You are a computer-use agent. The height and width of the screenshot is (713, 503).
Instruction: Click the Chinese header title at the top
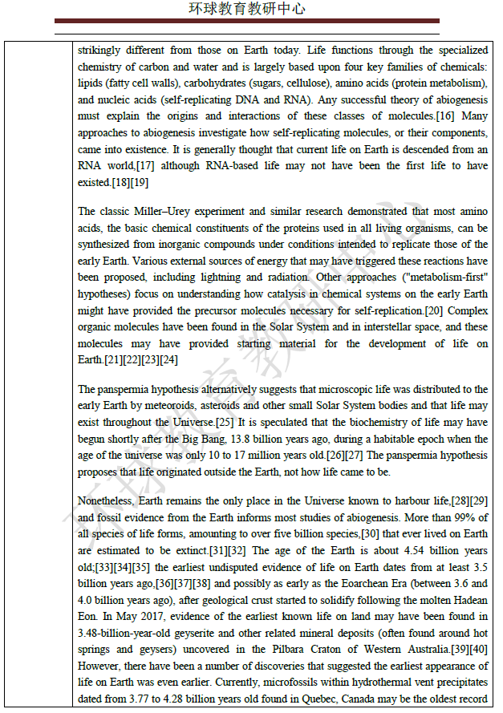point(247,10)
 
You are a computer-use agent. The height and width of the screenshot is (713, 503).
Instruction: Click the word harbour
point(401,501)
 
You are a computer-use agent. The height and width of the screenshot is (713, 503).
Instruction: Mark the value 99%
point(475,517)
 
